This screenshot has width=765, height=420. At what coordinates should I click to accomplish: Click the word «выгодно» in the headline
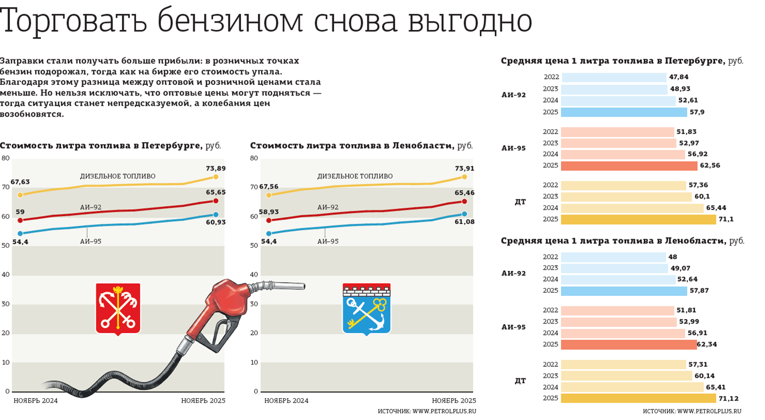(x=470, y=21)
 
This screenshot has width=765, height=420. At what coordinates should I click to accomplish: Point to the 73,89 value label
(x=216, y=168)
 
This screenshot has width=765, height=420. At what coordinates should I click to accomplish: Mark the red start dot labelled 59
(x=20, y=220)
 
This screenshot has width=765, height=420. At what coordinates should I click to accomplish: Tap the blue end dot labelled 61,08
(x=464, y=214)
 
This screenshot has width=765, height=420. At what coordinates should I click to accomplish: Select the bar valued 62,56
(x=629, y=166)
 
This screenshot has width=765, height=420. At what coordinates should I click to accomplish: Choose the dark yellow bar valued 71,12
(x=638, y=398)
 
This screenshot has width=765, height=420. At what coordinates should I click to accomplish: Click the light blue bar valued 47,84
(x=614, y=77)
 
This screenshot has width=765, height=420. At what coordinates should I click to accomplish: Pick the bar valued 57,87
(x=624, y=291)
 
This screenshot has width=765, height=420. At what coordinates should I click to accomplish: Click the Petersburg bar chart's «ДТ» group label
(x=520, y=202)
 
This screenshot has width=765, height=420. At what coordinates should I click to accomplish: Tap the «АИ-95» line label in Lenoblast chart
(x=328, y=241)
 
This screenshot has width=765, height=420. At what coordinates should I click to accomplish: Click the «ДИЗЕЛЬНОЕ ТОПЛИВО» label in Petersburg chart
(x=118, y=176)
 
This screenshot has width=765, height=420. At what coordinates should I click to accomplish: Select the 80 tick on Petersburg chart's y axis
(x=6, y=158)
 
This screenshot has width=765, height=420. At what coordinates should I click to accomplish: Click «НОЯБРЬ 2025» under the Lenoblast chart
(x=454, y=400)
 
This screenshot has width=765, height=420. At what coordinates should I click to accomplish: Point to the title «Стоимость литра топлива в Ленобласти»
(x=352, y=145)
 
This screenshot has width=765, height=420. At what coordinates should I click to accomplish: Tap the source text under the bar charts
(x=692, y=411)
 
